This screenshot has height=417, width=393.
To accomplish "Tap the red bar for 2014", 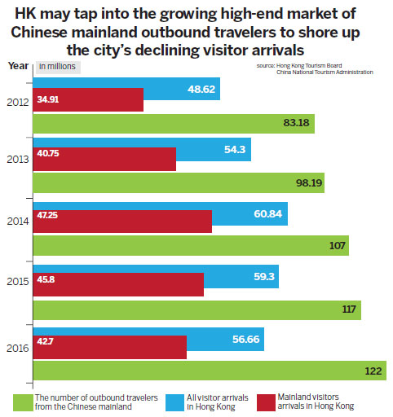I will point(121,221).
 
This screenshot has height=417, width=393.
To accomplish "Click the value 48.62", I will point(201,88).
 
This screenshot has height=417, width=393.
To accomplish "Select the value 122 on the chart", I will point(374,371).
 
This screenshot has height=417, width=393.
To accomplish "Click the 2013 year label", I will point(16,159).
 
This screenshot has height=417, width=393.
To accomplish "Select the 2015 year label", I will point(16,283).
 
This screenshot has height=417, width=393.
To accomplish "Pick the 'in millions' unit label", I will point(56,66).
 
